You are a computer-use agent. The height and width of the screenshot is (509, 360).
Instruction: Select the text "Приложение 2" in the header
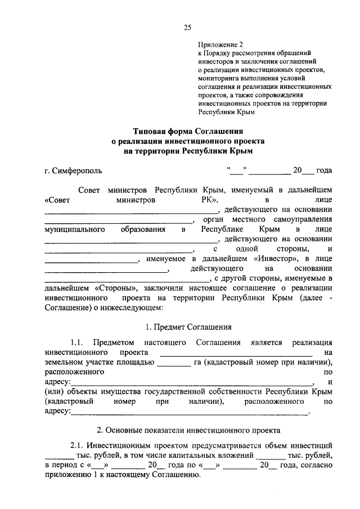coord(221,44)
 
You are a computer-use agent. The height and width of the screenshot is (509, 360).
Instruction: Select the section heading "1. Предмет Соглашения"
coord(188,327)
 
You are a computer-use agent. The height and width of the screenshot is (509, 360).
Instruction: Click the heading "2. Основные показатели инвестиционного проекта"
coord(188,430)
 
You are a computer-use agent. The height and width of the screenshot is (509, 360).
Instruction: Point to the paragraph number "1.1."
coord(77,343)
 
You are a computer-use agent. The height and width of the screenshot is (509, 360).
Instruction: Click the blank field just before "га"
coord(174,363)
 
